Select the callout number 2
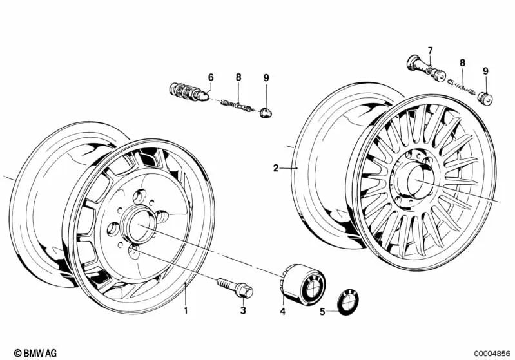coord(276,168)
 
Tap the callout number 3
coord(243,310)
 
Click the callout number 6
coord(210,77)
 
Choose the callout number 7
coord(431,50)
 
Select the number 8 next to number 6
coord(238,77)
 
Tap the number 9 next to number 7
coord(485,71)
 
